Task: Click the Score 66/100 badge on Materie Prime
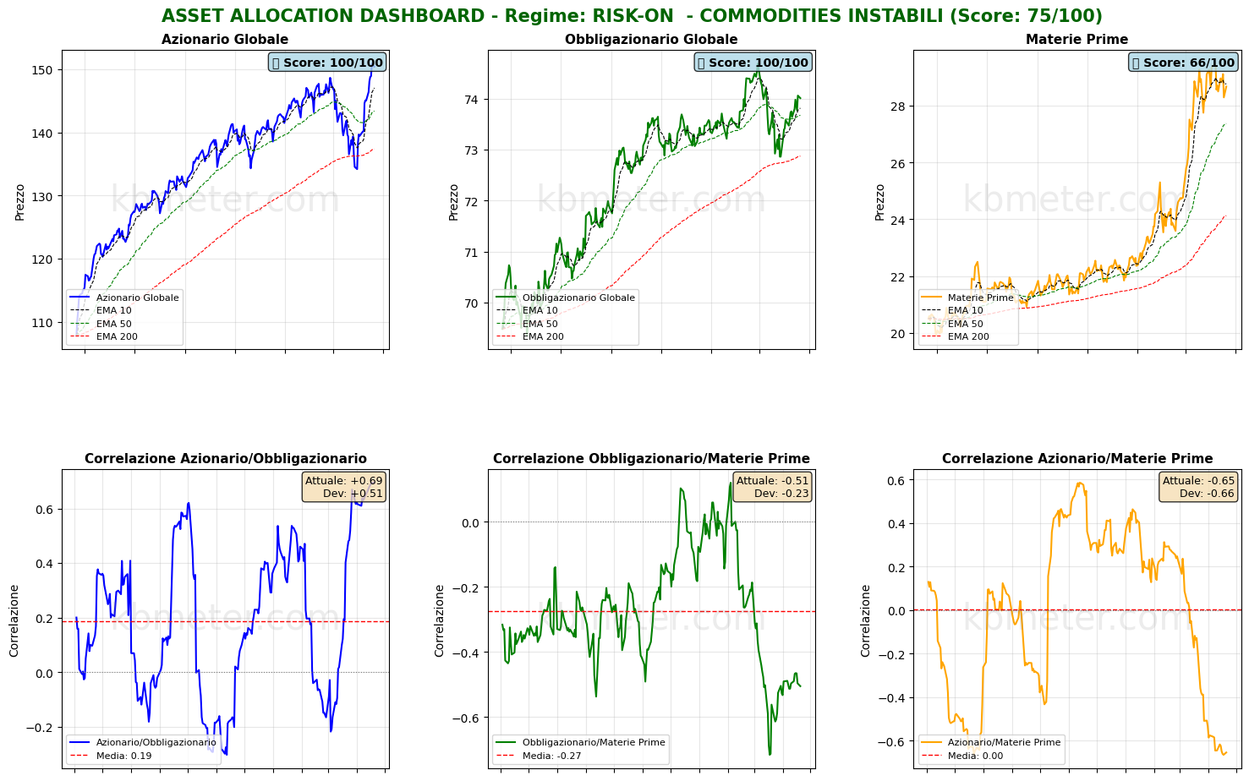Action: point(1183,63)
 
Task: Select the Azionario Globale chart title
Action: point(225,40)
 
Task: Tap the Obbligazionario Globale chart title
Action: point(651,40)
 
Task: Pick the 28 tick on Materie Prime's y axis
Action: point(898,106)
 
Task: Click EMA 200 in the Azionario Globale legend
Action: point(117,336)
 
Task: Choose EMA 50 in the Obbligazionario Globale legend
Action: point(540,324)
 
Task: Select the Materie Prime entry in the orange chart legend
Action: point(980,298)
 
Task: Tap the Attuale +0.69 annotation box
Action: point(344,487)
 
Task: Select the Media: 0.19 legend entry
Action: point(123,756)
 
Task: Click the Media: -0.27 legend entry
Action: point(551,756)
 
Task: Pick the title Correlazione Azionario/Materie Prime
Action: point(1077,459)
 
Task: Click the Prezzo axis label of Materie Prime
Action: point(879,202)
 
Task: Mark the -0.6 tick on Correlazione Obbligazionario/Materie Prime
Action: point(467,718)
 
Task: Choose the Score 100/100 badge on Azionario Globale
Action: point(326,63)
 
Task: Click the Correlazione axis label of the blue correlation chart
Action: point(14,620)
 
